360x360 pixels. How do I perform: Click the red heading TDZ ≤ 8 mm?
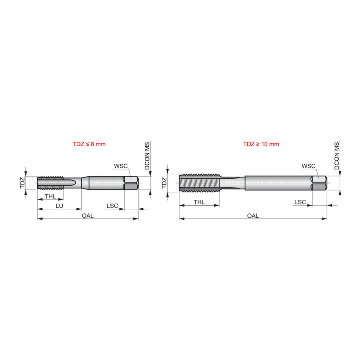coord(89,144)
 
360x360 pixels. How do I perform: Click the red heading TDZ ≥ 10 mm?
coord(261,144)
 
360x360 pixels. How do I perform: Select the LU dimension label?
coord(59,206)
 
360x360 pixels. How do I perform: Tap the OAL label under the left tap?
coord(88,216)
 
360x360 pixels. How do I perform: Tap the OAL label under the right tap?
coord(253,216)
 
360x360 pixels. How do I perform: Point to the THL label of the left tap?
coord(50,197)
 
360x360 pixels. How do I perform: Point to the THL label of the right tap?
coord(199,202)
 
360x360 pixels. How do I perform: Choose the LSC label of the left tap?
coord(112,206)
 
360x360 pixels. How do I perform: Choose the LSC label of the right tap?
coord(300,202)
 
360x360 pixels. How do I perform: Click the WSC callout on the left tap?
coord(121,166)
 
